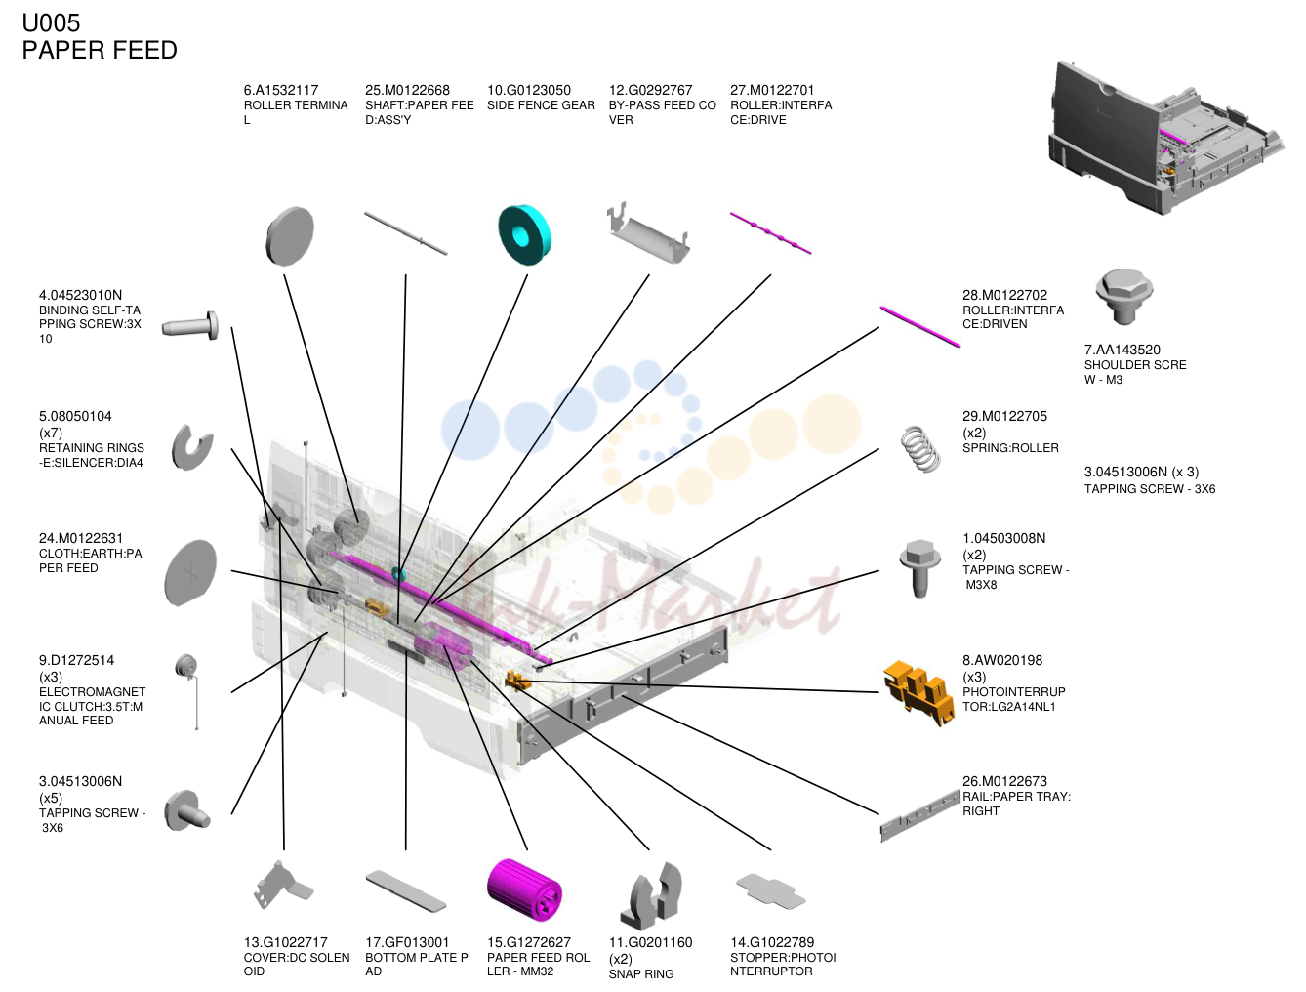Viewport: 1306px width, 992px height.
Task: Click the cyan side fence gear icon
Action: coord(524,234)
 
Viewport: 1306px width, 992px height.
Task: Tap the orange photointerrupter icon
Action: coord(918,692)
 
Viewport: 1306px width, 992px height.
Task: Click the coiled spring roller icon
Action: coord(920,449)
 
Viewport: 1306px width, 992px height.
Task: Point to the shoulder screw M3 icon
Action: coord(1123,297)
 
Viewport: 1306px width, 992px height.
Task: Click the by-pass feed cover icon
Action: coord(648,234)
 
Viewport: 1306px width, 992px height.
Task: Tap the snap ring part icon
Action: coord(651,895)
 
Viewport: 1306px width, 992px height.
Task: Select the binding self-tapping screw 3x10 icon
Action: coord(190,326)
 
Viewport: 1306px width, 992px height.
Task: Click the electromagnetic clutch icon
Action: coord(189,690)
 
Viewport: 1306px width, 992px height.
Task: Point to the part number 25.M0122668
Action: coord(407,90)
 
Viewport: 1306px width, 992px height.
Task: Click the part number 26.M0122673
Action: coord(1004,781)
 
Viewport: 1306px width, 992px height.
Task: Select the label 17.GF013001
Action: coord(407,942)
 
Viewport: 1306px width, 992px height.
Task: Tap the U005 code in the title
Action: coord(51,23)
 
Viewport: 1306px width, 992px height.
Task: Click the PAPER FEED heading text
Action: coord(100,50)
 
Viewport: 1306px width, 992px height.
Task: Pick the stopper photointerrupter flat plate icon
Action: coord(770,890)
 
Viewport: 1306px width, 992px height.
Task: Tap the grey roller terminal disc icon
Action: coord(289,235)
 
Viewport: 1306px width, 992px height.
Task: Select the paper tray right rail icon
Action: coord(919,815)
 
